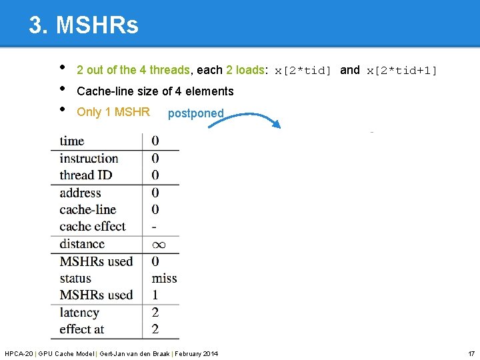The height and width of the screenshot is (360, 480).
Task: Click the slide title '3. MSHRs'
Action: (x=83, y=25)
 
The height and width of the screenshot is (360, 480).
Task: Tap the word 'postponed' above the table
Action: (x=195, y=113)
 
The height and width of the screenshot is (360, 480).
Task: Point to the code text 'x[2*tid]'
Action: (x=303, y=71)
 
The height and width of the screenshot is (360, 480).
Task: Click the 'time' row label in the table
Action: (x=72, y=141)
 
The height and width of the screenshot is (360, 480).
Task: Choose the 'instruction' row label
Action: (x=89, y=158)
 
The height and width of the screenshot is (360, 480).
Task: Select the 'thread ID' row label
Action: (x=86, y=175)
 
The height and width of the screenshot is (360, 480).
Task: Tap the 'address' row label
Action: (x=80, y=193)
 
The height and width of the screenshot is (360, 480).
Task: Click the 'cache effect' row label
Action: (x=93, y=227)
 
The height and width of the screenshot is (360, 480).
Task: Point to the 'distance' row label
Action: (x=82, y=244)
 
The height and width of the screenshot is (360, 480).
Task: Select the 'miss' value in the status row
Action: (x=164, y=278)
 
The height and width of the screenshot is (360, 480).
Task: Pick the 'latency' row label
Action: (x=79, y=313)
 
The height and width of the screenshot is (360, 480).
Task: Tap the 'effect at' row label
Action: (x=82, y=329)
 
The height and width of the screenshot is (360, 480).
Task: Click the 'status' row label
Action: (x=75, y=278)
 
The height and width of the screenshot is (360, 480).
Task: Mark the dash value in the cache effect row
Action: (x=155, y=227)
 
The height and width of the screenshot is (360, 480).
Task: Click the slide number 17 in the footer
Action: (x=471, y=353)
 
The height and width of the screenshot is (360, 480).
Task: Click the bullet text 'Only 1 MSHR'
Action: (x=113, y=112)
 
